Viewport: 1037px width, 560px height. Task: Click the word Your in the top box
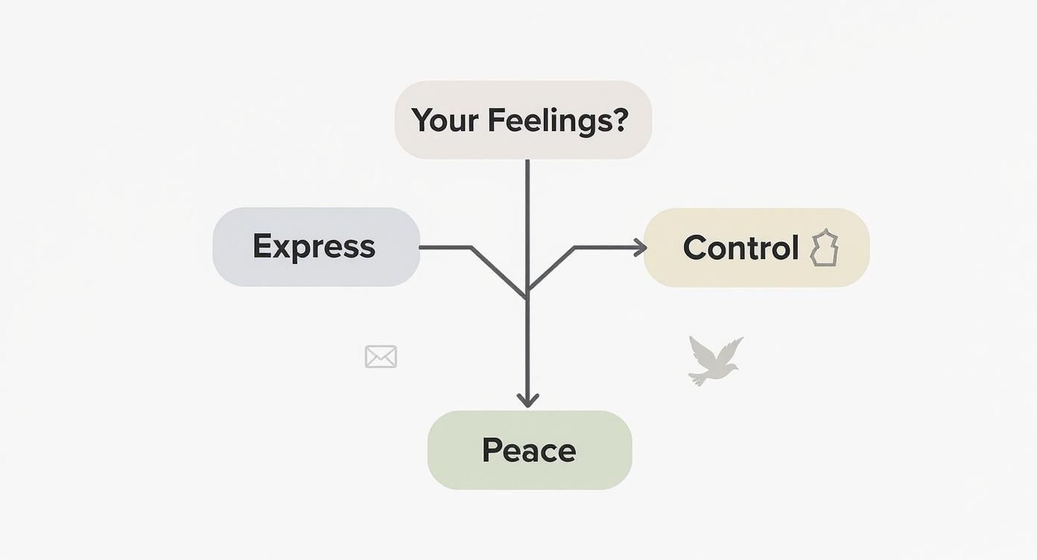pyautogui.click(x=444, y=121)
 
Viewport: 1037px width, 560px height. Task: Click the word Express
pyautogui.click(x=314, y=246)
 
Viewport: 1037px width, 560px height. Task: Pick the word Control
pyautogui.click(x=741, y=248)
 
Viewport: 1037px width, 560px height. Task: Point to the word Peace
pyautogui.click(x=529, y=451)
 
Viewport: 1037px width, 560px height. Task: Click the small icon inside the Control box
pyautogui.click(x=824, y=248)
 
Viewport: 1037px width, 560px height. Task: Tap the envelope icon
pyautogui.click(x=381, y=357)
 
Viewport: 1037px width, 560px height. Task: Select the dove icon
pyautogui.click(x=714, y=361)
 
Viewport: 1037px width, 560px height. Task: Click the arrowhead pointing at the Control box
pyautogui.click(x=641, y=248)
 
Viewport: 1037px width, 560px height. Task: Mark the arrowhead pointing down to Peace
pyautogui.click(x=527, y=401)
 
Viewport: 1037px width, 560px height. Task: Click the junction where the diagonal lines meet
pyautogui.click(x=527, y=294)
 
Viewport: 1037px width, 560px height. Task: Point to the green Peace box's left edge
pyautogui.click(x=428, y=450)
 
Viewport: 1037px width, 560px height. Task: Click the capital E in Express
pyautogui.click(x=261, y=246)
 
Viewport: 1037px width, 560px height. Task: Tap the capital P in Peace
pyautogui.click(x=491, y=450)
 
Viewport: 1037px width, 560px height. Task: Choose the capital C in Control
pyautogui.click(x=695, y=248)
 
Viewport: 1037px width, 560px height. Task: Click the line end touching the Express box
pyautogui.click(x=422, y=246)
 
